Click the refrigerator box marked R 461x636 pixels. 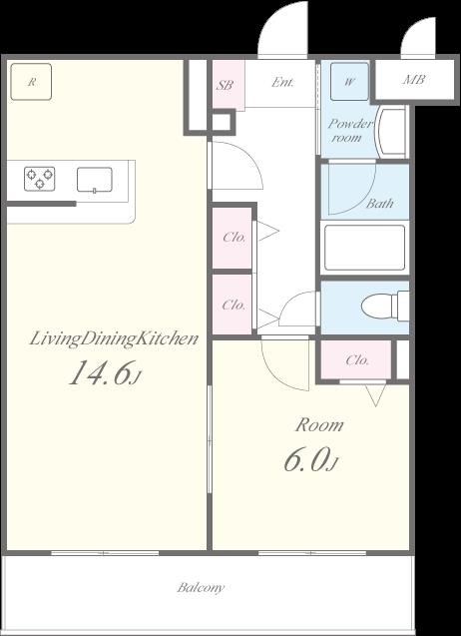[x=31, y=82]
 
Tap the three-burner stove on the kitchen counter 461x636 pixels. [x=39, y=179]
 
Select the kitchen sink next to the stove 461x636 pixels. [x=95, y=180]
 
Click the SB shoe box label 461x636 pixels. [x=225, y=85]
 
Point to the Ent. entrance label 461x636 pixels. [x=282, y=83]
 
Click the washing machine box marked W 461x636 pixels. [x=349, y=82]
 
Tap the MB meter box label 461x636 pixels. [x=414, y=80]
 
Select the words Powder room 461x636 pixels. [x=350, y=130]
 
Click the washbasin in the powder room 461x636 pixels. [x=391, y=131]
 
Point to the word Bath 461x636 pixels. [x=379, y=204]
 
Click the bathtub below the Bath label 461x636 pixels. [x=364, y=248]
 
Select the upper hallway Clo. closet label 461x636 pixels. [x=233, y=238]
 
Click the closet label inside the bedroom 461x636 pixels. [x=357, y=359]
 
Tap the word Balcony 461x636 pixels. [x=201, y=587]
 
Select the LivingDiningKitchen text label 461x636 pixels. [x=114, y=339]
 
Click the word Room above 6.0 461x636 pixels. [x=319, y=425]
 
